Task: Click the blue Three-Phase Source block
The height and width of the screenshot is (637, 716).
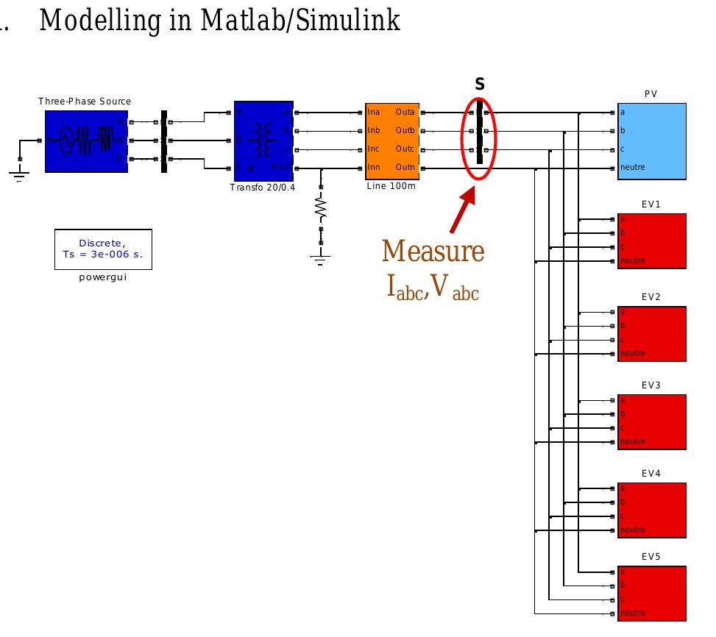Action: [86, 140]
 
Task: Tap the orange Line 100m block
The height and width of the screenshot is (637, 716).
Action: [392, 140]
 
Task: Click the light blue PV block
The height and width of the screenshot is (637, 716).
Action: [651, 141]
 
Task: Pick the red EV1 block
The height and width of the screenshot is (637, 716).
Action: [651, 241]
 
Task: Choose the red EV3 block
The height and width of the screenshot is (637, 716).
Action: [651, 421]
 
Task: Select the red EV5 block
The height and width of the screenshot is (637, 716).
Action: [651, 594]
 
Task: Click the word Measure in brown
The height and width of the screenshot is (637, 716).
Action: [433, 252]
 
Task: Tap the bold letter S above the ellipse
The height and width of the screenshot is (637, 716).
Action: [480, 85]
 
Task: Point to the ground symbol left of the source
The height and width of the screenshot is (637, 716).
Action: [19, 174]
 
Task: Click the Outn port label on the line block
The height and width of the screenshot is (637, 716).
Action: [405, 168]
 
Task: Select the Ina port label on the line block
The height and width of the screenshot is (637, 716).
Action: [374, 113]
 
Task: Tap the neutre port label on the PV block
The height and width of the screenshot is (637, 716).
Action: [632, 168]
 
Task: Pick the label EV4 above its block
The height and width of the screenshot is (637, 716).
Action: [651, 473]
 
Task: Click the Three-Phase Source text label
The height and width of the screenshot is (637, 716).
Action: [85, 102]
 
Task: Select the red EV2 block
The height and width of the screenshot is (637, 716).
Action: [651, 334]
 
